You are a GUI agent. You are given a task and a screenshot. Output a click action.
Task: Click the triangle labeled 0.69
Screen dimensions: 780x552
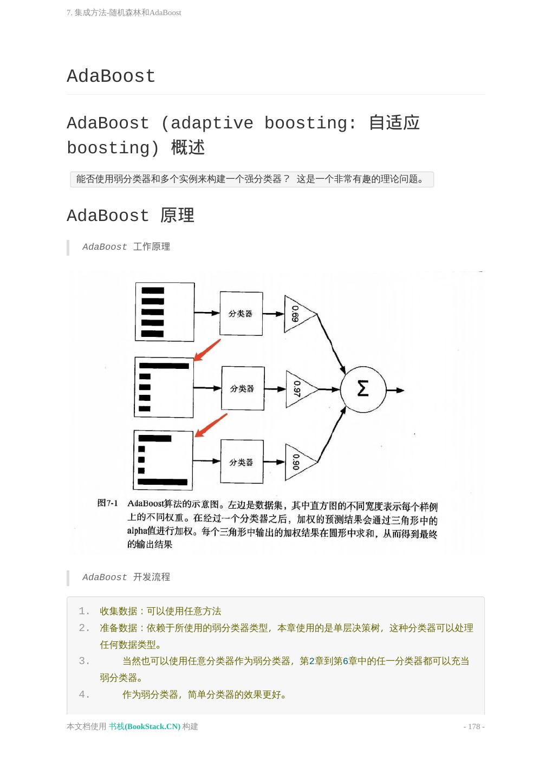pyautogui.click(x=297, y=314)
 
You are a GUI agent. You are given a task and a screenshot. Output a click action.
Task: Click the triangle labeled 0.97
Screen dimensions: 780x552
pyautogui.click(x=299, y=389)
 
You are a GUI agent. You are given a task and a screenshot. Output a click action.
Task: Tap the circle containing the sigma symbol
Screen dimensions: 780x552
pyautogui.click(x=363, y=389)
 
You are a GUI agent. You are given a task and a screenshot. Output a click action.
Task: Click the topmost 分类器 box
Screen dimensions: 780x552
pyautogui.click(x=241, y=314)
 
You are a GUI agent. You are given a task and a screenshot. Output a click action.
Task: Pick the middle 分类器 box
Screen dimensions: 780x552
pyautogui.click(x=243, y=388)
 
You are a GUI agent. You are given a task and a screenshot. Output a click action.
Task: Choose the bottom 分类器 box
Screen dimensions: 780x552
pyautogui.click(x=242, y=462)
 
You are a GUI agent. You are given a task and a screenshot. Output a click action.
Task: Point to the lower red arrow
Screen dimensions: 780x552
pyautogui.click(x=211, y=425)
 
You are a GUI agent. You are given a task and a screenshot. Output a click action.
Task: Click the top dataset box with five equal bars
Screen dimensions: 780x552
pyautogui.click(x=165, y=312)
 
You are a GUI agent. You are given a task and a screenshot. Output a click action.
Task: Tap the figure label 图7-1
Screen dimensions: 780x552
pyautogui.click(x=107, y=503)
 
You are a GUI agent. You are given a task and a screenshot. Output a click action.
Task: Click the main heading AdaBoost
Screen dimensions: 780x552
pyautogui.click(x=111, y=76)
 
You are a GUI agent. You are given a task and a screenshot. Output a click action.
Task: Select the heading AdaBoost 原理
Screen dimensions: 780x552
pyautogui.click(x=130, y=216)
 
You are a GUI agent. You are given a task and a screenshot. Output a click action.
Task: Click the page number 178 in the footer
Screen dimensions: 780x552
pyautogui.click(x=474, y=726)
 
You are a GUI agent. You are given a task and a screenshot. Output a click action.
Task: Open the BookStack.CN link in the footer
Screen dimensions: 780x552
pyautogui.click(x=145, y=726)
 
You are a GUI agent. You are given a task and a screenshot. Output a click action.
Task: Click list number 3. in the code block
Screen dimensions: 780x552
pyautogui.click(x=84, y=661)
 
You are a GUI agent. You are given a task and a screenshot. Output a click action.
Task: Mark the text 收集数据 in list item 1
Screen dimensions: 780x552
pyautogui.click(x=118, y=611)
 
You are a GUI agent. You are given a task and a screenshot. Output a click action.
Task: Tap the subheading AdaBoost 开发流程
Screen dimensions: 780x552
pyautogui.click(x=126, y=577)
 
